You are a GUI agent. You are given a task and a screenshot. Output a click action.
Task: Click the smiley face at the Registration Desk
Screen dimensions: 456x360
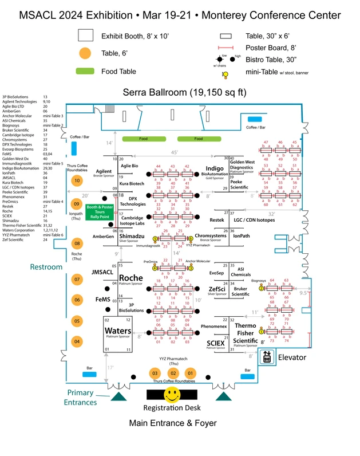[x=171, y=394]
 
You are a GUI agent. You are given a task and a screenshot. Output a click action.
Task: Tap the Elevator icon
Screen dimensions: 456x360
[x=265, y=357]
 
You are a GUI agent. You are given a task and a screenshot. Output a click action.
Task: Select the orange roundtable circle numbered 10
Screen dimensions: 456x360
[x=76, y=180]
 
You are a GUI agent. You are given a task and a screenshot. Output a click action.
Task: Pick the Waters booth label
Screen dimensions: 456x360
[x=118, y=331]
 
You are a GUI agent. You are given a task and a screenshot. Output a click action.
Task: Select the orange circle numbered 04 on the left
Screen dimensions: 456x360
[x=76, y=341]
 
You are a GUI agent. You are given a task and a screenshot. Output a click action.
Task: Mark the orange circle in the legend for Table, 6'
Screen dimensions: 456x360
[x=86, y=54]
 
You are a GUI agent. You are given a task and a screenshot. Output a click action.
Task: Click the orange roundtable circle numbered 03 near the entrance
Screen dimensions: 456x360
[x=154, y=373]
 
